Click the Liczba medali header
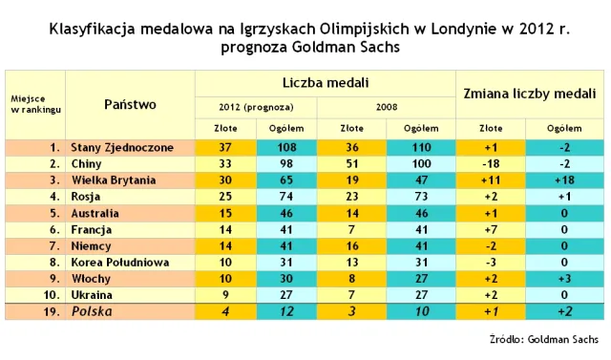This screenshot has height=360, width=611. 325,84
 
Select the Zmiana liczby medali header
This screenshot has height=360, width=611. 530,94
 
